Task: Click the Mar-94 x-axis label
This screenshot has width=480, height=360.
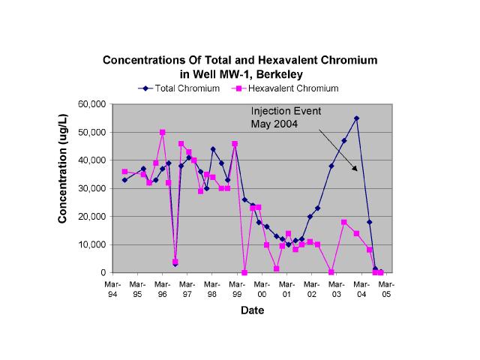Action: coord(112,289)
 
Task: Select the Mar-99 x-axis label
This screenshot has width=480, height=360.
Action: coord(237,289)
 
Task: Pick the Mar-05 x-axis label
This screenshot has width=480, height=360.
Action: coord(387,289)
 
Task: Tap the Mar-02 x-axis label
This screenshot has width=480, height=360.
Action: coord(312,289)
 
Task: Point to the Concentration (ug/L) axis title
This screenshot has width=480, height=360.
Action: coord(64,188)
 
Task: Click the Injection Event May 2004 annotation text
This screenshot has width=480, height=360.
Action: coord(286,118)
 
